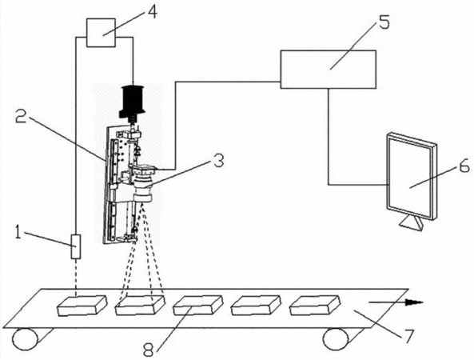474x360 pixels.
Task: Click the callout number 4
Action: coord(152,12)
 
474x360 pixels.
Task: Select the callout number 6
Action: coord(464,165)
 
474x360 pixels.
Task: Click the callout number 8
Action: coord(149,350)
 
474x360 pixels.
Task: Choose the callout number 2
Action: coord(22,116)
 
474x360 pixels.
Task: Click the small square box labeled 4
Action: coord(101,33)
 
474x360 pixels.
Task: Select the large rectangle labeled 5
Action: coord(329,70)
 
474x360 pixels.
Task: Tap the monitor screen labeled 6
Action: coord(412,176)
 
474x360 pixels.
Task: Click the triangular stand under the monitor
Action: coord(412,224)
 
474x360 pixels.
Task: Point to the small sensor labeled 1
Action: coord(76,246)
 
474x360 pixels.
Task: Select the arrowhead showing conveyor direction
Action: coord(415,302)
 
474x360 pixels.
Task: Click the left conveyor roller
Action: coord(26,339)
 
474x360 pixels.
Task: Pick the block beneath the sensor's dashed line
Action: coord(82,306)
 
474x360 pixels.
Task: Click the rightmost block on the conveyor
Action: coord(315,306)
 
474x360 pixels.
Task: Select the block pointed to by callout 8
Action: coord(198,306)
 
